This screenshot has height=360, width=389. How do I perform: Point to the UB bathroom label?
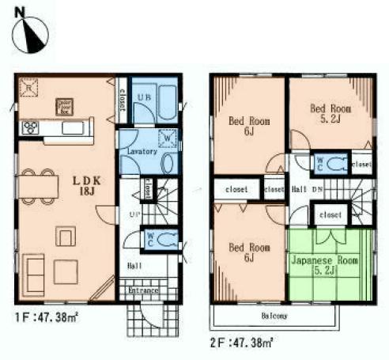tap(145, 97)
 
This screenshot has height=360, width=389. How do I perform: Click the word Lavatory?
tap(138, 151)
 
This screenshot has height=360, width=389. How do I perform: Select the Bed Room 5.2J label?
tap(330, 112)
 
